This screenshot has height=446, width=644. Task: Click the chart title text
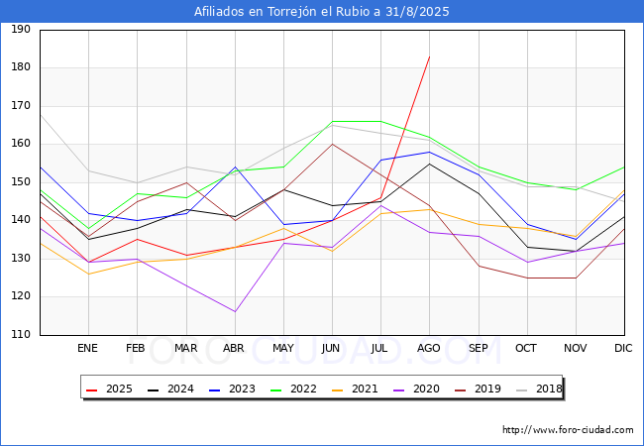[x=322, y=12]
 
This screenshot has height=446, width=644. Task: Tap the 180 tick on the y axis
[x=20, y=67]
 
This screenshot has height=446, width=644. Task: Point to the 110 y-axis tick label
[x=20, y=335]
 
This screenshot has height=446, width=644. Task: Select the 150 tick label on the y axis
[x=20, y=182]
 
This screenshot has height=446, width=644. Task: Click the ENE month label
[x=88, y=349]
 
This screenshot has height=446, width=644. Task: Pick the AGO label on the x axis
[x=429, y=349]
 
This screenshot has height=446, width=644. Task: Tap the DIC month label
[x=623, y=349]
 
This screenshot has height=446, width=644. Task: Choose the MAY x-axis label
[x=283, y=349]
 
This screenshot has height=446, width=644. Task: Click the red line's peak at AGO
[x=429, y=56]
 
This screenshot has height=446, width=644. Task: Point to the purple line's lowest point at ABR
[x=235, y=312]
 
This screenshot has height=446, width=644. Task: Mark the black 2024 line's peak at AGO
[x=429, y=164]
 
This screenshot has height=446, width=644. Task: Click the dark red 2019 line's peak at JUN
[x=332, y=144]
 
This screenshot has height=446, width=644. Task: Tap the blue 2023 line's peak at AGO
[x=429, y=152]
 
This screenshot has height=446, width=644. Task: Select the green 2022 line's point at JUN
[x=332, y=121]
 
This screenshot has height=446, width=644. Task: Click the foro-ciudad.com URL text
[x=568, y=430]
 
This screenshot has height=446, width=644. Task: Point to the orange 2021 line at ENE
[x=88, y=274]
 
